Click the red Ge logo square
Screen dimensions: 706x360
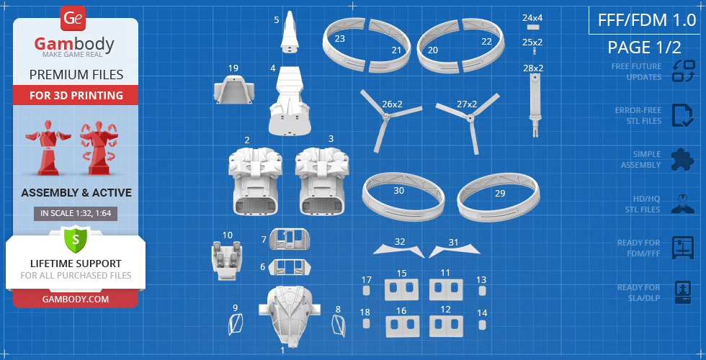73,19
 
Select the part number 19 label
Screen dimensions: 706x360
233,68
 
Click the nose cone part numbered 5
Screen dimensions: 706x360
291,33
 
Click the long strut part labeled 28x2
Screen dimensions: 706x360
535,104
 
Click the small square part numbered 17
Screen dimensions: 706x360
366,291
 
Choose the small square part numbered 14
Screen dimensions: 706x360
482,324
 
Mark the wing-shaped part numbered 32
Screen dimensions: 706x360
399,251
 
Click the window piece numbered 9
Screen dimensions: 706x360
235,324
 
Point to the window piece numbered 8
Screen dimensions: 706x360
339,325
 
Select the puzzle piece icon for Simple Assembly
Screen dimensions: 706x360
683,158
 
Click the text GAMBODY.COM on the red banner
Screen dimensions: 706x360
76,299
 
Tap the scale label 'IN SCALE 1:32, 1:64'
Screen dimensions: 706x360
76,214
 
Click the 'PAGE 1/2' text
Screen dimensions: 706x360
644,48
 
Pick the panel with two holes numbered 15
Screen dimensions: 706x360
401,289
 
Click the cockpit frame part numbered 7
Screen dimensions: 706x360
289,239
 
